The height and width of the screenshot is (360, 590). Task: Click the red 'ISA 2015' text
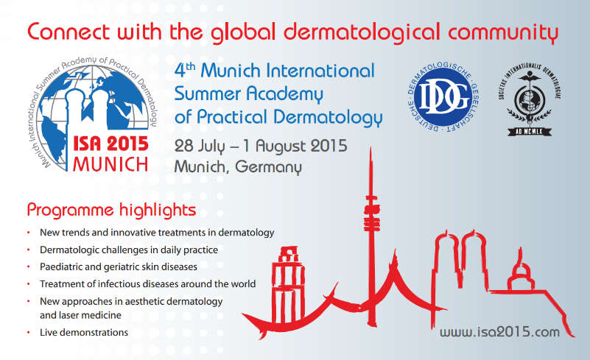click(110, 144)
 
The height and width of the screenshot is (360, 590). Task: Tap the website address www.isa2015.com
click(499, 332)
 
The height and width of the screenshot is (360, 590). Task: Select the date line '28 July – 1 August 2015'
click(261, 145)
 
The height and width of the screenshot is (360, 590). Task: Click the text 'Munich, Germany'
click(238, 166)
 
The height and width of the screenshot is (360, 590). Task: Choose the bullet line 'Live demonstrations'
click(84, 333)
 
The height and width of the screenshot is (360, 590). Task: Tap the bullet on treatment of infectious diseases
click(148, 284)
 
